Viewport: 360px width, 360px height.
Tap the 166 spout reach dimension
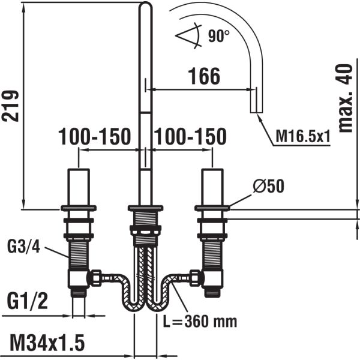(204, 76)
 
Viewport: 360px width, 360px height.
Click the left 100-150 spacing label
(94, 137)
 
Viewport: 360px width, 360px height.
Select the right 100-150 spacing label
(190, 137)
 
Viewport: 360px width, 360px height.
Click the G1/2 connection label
(27, 298)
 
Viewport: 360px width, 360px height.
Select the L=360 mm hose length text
(200, 321)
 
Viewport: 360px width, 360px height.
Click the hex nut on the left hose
(95, 278)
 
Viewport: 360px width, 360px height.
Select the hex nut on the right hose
(196, 278)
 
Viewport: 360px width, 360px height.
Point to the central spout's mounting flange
(146, 208)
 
